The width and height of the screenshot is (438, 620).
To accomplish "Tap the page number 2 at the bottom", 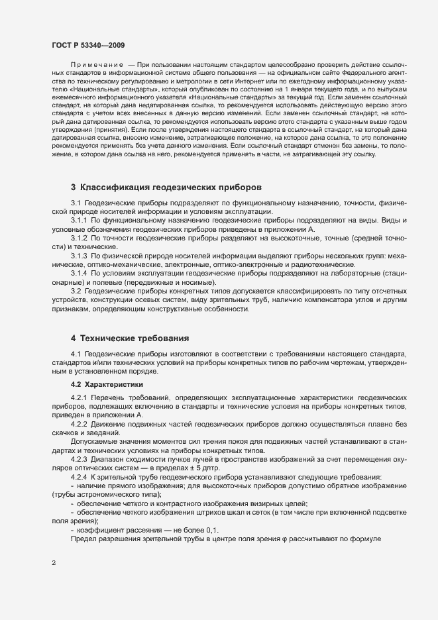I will coord(53,564).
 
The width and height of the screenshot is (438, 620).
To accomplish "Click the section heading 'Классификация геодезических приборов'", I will coord(171,187).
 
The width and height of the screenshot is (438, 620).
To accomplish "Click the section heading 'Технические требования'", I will coord(135,338).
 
